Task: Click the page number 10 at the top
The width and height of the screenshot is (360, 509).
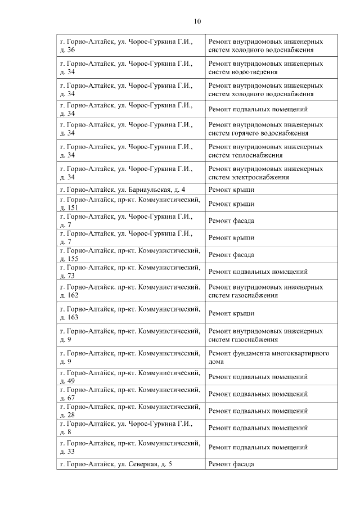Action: coord(197,21)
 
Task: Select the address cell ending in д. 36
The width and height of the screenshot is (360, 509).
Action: coord(130,46)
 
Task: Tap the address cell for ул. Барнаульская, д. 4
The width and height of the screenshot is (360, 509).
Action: coord(130,190)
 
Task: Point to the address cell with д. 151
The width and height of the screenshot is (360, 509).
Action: coord(130,203)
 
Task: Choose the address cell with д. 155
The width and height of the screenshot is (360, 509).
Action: coord(130,254)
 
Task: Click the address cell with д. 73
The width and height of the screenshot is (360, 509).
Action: coord(130,271)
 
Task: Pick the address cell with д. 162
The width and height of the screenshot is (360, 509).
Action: coord(130,291)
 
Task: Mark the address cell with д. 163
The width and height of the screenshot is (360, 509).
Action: coord(130,313)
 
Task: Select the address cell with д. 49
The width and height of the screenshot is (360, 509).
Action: coord(130,376)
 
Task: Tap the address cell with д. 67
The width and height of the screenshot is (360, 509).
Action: coord(130,394)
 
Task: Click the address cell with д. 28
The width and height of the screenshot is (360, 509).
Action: coord(130,411)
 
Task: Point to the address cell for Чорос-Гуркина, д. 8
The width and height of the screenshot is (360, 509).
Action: coord(130,427)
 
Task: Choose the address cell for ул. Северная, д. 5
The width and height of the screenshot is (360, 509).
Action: coord(130,464)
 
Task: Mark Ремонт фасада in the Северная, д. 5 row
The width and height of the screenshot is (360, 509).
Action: coord(231,464)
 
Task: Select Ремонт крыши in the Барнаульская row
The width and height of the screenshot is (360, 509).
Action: coord(231,190)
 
